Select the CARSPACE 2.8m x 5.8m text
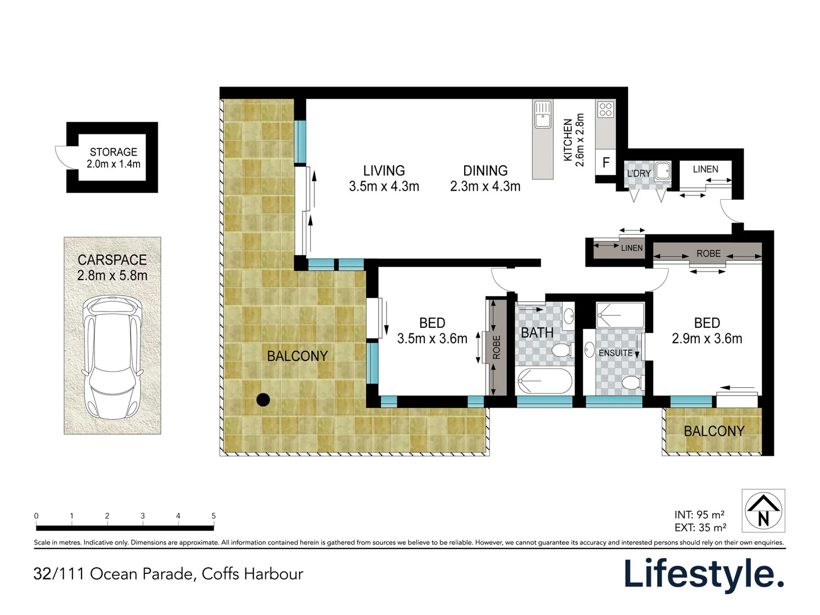click(x=112, y=268)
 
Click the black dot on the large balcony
click(x=263, y=400)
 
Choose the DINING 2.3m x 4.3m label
click(x=485, y=178)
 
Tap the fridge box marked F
click(x=606, y=163)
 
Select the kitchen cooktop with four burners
click(x=605, y=109)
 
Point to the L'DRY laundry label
click(x=638, y=173)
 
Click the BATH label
click(x=537, y=333)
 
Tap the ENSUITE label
click(x=615, y=353)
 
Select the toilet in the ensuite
click(x=632, y=383)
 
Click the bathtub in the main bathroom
click(x=543, y=381)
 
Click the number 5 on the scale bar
click(x=214, y=516)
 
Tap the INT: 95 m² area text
click(x=699, y=515)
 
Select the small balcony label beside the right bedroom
click(x=714, y=432)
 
